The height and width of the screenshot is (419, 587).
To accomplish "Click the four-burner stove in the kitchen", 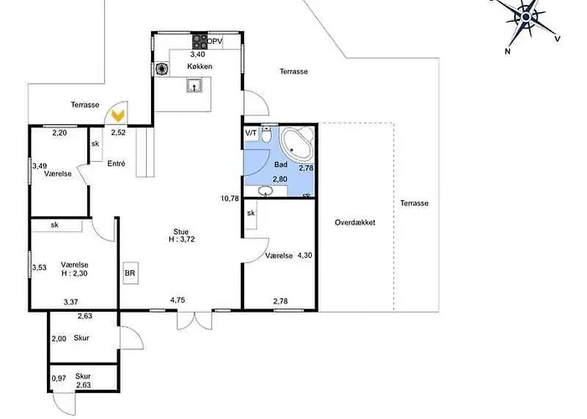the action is pos(200,41).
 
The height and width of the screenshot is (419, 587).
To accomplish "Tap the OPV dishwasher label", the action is pos(215,42).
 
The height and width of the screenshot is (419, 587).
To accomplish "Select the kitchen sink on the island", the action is pos(195,85).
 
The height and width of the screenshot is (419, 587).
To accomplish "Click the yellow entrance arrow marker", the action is pos(118,116).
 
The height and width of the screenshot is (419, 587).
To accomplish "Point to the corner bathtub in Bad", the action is pos(297,144).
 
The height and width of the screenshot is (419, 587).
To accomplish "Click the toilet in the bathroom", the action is pos(267,135).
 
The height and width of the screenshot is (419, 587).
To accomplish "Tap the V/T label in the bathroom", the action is pos(252,132).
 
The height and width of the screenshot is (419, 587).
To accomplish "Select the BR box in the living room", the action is pos(130,273).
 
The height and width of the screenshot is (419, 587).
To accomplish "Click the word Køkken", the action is pos(200,66).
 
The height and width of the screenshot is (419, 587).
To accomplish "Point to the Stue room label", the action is pos(181,231).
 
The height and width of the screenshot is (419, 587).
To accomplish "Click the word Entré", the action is pos(116,163).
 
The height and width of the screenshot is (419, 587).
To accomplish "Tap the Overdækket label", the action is pos(355,222).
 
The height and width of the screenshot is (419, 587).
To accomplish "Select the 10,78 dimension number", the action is pos(230,199).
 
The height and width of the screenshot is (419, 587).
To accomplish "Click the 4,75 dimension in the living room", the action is pos(178,300).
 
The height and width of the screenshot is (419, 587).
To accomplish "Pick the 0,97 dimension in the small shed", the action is pos(59,379).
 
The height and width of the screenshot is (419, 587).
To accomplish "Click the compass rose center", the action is pos(527,17).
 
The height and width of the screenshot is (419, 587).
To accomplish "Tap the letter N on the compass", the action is pos(508,51).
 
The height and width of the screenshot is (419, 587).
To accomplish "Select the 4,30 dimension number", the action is pos(304,256).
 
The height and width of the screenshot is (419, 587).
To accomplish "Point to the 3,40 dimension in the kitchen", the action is pos(198,54).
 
